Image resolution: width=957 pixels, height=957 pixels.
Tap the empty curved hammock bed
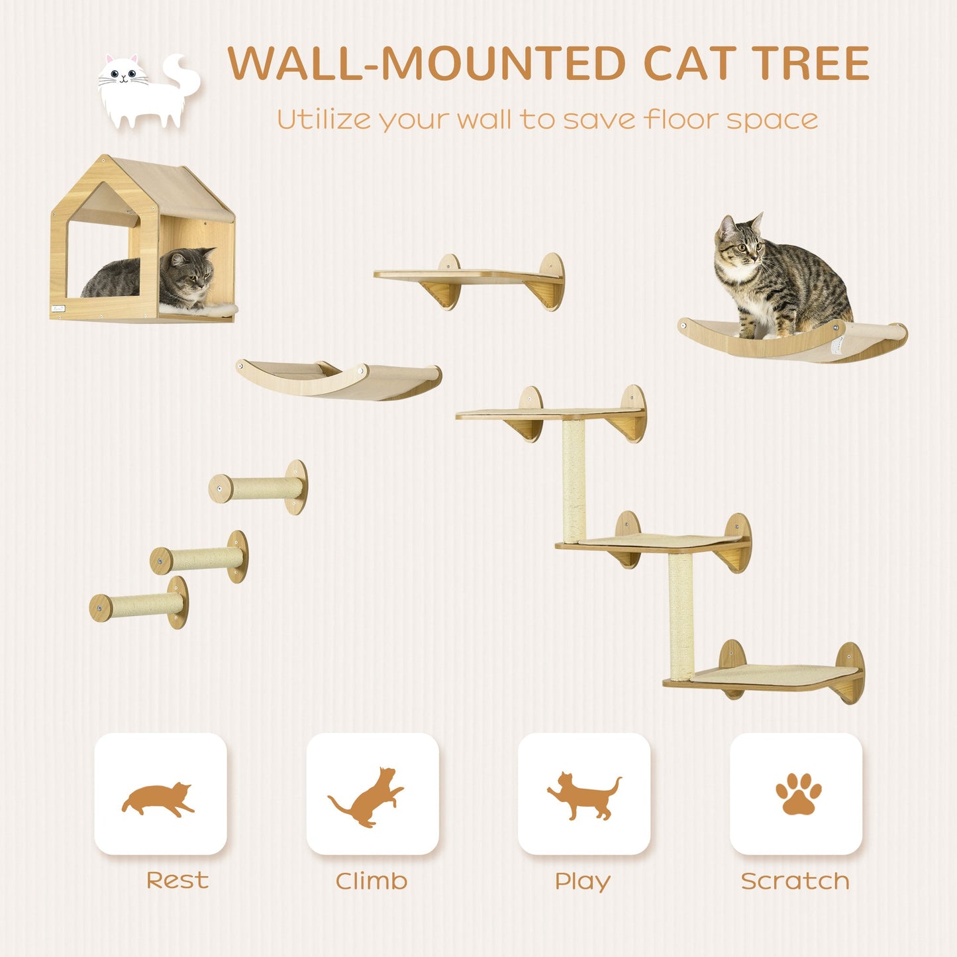(x=338, y=380)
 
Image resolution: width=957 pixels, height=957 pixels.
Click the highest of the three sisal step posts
(x=258, y=489)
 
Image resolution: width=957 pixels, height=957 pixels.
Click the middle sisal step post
(x=199, y=558)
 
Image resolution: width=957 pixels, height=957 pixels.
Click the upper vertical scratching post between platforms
(x=574, y=480)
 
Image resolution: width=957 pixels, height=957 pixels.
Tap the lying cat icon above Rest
(x=159, y=799)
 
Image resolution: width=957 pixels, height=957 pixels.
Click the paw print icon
(x=797, y=793)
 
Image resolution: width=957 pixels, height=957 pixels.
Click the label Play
(x=582, y=881)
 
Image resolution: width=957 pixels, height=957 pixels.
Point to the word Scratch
(x=795, y=881)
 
